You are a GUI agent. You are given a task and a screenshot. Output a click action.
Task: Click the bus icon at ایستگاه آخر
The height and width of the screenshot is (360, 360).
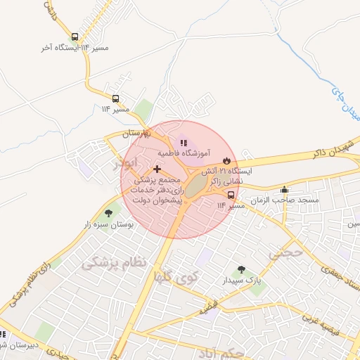tap(75, 37)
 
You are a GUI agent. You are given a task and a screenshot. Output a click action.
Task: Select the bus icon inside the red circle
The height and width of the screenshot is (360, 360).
tap(231, 195)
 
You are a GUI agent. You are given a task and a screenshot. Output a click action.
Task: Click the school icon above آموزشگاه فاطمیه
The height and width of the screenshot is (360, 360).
tap(184, 143)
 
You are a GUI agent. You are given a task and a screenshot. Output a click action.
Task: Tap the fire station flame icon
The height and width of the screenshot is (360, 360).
tap(226, 160)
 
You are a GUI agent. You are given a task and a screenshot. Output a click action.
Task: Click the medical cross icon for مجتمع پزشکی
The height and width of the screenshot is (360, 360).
tap(156, 169)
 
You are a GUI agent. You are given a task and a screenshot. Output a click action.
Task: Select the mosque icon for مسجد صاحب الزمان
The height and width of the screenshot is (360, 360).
tap(284, 189)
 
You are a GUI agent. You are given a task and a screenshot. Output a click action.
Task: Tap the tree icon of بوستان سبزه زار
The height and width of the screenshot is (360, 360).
tap(108, 213)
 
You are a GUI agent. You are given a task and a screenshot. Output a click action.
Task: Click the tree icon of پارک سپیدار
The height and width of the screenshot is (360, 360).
tap(241, 269)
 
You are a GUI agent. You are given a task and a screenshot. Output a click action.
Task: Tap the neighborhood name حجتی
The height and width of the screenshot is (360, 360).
tap(290, 251)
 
